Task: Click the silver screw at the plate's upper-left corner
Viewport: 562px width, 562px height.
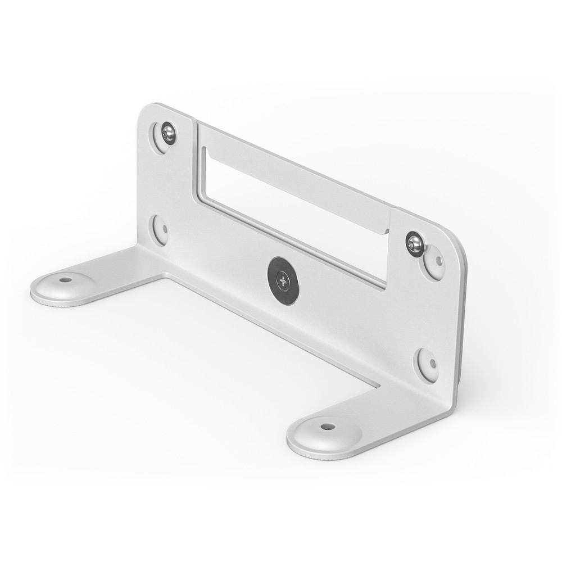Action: click(167, 133)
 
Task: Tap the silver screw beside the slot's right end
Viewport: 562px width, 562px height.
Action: click(415, 244)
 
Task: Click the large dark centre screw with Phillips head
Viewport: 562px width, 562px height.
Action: click(283, 281)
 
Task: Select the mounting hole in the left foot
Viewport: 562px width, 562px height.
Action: click(66, 279)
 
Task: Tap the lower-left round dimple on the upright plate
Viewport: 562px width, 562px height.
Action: click(160, 229)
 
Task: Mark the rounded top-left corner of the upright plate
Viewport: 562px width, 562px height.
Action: click(147, 109)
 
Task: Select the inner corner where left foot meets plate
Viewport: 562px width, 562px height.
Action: click(163, 274)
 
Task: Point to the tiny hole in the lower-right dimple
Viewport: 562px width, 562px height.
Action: click(432, 363)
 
